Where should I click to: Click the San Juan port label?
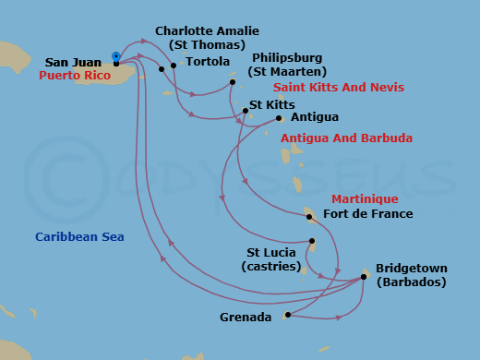point(74,63)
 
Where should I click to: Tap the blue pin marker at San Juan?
point(115,56)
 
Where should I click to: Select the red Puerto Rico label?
point(76,76)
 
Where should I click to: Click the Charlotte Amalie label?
point(207,31)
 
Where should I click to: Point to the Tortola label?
point(208,62)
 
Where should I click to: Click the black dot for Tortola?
point(174,66)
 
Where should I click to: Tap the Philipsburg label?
point(289,57)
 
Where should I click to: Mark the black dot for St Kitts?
point(245,111)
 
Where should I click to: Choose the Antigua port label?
point(314,117)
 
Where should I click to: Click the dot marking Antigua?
point(280,117)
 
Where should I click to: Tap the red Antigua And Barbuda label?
point(346,138)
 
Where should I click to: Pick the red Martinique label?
point(365,199)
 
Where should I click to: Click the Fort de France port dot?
point(309,217)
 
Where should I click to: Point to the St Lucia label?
point(271,251)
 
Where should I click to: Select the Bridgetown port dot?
point(365,276)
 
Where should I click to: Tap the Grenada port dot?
point(288,316)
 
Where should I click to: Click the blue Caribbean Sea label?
point(79,237)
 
